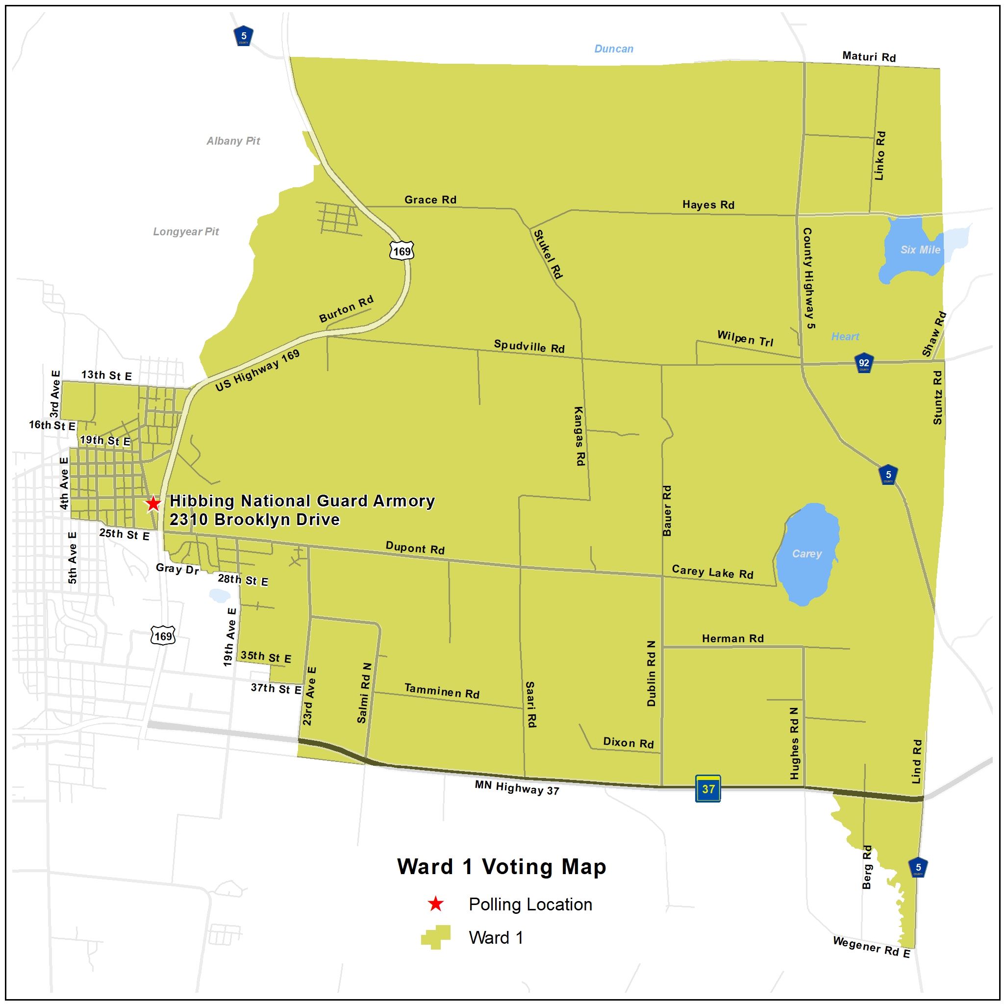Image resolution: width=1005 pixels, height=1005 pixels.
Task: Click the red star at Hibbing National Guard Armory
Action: point(152,503)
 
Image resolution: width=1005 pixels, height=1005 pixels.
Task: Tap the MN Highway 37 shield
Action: point(708,789)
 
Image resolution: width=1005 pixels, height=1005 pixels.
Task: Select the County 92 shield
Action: point(863,363)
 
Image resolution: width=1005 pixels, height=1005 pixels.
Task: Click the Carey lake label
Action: point(806,553)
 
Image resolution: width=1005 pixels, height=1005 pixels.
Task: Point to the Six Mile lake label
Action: point(920,250)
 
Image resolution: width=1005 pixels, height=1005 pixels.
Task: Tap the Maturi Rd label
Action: point(869,57)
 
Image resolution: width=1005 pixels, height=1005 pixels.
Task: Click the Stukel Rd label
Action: point(548,254)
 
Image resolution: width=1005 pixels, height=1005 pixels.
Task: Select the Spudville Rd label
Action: point(529,347)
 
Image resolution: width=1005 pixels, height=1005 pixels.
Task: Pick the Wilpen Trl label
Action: point(745,339)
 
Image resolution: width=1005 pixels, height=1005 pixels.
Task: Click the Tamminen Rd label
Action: point(442,691)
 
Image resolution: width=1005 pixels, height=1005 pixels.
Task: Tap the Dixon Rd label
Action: point(628,743)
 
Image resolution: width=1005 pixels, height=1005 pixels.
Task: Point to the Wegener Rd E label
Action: point(871,947)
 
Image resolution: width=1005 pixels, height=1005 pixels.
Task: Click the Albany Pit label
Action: point(233,141)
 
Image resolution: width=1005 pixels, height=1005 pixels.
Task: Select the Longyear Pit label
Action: point(186,231)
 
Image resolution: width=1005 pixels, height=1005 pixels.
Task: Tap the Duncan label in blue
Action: point(614,49)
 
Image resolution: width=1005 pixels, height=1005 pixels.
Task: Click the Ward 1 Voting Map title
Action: point(502,867)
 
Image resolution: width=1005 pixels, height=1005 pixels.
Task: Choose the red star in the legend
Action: point(435,904)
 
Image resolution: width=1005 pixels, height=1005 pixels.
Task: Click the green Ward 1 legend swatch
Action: point(435,937)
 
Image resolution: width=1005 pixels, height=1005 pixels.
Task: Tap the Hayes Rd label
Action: point(708,205)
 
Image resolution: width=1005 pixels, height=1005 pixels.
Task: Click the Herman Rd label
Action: point(732,639)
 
